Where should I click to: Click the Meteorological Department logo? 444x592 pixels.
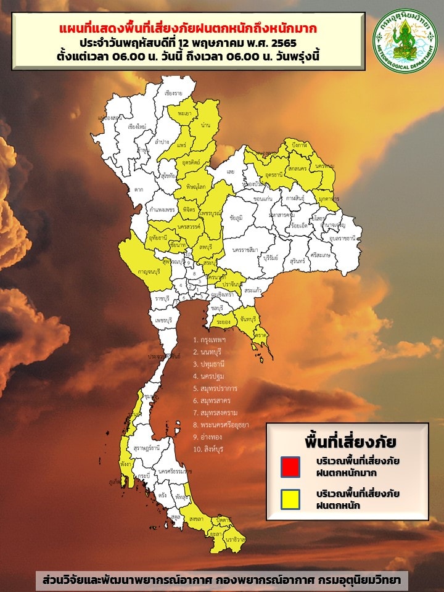pyautogui.click(x=405, y=38)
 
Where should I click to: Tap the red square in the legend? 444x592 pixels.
pyautogui.click(x=290, y=467)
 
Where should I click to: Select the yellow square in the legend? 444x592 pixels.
pyautogui.click(x=290, y=499)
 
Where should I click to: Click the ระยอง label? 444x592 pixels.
pyautogui.click(x=224, y=322)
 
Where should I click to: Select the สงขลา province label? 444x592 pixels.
pyautogui.click(x=197, y=520)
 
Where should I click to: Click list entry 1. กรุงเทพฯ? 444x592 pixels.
pyautogui.click(x=210, y=340)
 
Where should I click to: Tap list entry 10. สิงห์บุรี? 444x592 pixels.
pyautogui.click(x=211, y=449)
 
